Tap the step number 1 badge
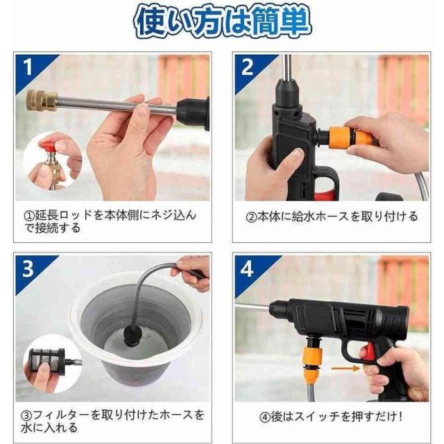pyautogui.click(x=29, y=67)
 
